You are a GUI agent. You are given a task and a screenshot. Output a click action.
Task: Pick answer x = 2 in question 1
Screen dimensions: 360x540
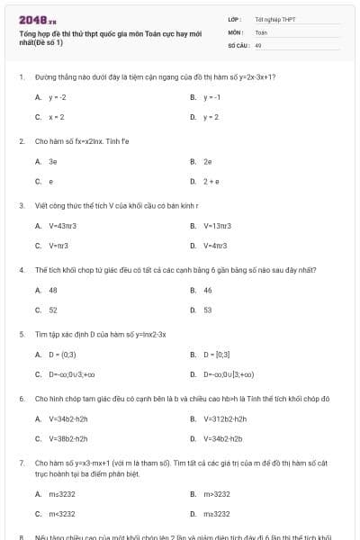tap(57, 117)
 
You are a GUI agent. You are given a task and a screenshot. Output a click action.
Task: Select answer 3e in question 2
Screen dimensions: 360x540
tap(53, 161)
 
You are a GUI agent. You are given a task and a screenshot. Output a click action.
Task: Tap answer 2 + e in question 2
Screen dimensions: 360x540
tap(212, 182)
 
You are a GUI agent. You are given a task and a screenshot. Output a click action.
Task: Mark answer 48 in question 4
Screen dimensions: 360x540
tap(53, 290)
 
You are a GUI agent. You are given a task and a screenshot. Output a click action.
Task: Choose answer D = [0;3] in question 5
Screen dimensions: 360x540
tap(218, 354)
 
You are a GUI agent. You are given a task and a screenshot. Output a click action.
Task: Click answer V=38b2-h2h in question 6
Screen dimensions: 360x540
tap(68, 438)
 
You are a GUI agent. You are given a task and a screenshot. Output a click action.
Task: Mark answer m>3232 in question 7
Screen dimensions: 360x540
tap(217, 494)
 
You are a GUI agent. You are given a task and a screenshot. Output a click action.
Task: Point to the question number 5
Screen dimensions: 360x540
tap(21, 333)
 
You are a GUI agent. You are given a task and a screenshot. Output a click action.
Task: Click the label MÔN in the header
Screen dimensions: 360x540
tap(235, 31)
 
